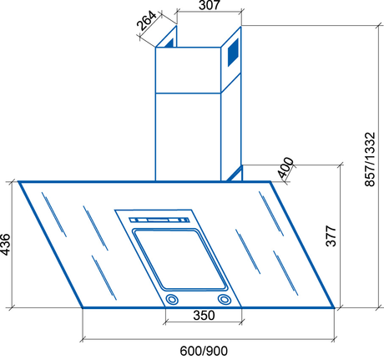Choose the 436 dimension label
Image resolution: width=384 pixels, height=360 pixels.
click(7, 245)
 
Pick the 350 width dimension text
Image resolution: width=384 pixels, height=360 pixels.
click(203, 317)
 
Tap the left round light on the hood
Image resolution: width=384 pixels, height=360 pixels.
click(171, 300)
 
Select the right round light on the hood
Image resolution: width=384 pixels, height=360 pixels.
click(224, 300)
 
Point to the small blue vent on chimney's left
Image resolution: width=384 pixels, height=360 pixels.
click(169, 39)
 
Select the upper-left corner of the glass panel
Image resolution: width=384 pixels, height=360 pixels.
click(18, 182)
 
